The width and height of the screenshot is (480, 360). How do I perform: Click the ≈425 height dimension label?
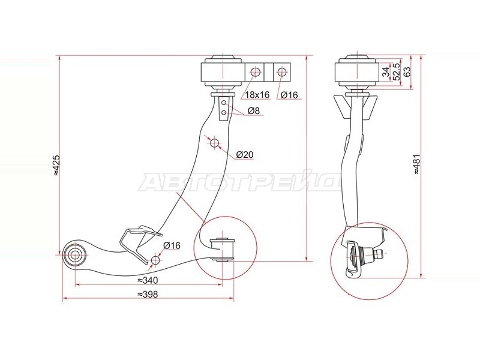pyautogui.click(x=57, y=166)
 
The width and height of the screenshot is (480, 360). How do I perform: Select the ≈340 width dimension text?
pyautogui.click(x=148, y=280)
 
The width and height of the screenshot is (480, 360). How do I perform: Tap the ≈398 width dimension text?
pyautogui.click(x=148, y=294)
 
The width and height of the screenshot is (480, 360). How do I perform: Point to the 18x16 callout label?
pyautogui.click(x=257, y=95)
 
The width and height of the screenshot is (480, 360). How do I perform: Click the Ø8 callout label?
pyautogui.click(x=254, y=110)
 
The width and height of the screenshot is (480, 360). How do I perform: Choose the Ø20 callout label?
pyautogui.click(x=245, y=155)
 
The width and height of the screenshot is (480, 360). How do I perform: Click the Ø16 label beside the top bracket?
pyautogui.click(x=289, y=95)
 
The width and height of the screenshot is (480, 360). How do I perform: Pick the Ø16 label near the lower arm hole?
pyautogui.click(x=172, y=245)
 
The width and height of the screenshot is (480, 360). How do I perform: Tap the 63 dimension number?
pyautogui.click(x=407, y=72)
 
